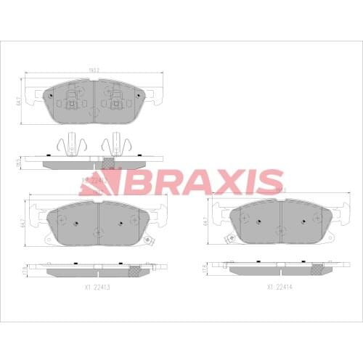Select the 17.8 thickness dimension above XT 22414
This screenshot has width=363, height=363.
point(205,269)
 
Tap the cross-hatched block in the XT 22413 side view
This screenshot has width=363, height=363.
point(133,272)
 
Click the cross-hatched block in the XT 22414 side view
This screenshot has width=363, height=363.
point(316,272)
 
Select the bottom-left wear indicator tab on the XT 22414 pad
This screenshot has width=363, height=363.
point(230,237)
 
